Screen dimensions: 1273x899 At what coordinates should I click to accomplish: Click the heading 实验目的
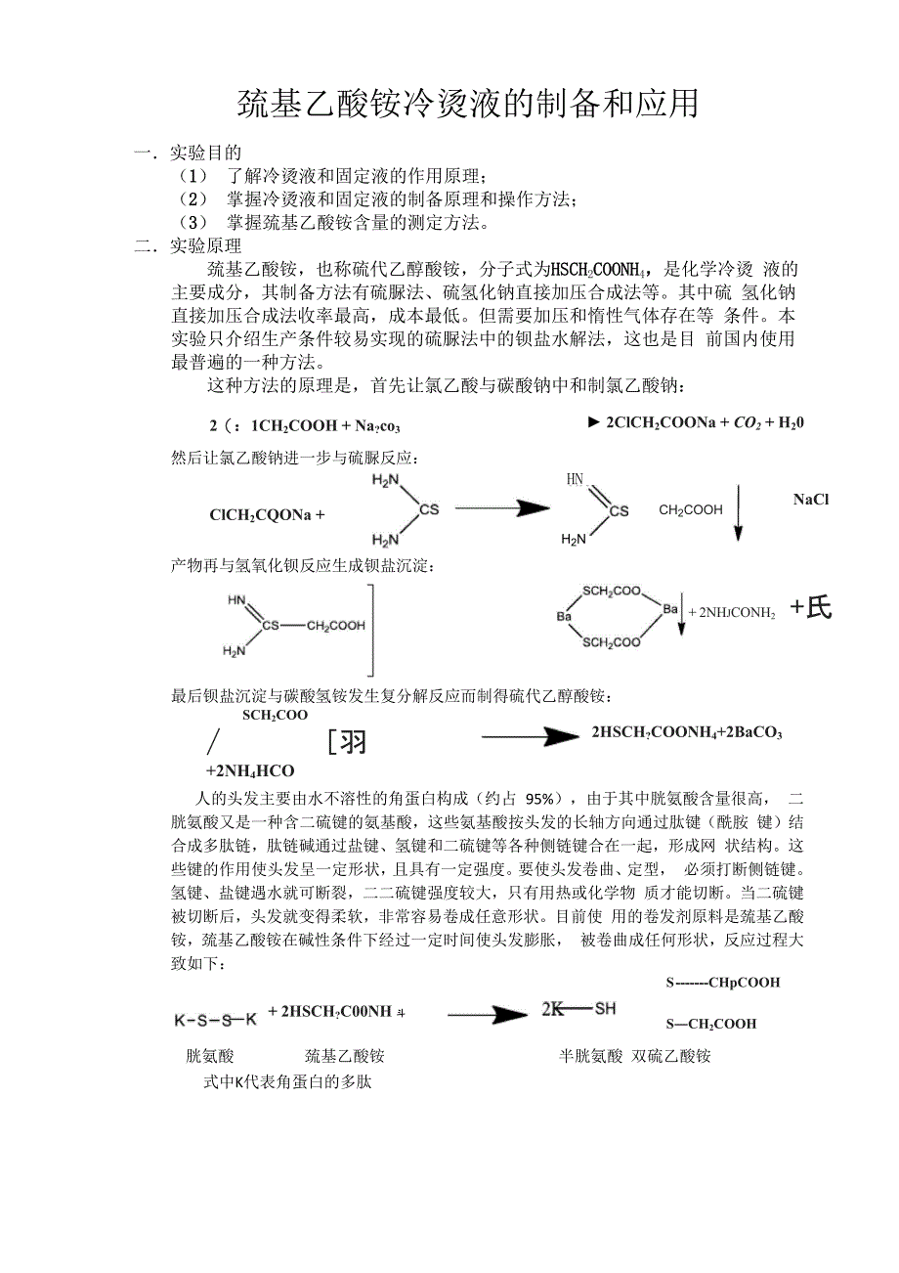click(x=205, y=153)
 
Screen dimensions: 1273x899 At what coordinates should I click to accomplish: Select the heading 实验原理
click(x=205, y=246)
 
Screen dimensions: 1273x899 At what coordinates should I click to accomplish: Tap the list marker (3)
click(x=194, y=223)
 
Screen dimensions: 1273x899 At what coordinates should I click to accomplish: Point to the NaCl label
click(x=810, y=500)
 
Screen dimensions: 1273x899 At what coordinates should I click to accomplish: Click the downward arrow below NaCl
click(x=738, y=512)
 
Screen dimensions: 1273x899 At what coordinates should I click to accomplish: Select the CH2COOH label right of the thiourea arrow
click(x=691, y=509)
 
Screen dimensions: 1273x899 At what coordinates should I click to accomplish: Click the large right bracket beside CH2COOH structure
click(x=369, y=630)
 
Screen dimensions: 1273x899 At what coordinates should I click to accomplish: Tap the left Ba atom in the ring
click(x=564, y=617)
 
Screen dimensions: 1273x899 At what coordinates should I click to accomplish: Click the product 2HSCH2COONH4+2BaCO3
click(x=686, y=732)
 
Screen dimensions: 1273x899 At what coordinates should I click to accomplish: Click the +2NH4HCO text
click(x=250, y=770)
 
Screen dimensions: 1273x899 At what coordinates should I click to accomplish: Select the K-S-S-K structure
click(x=215, y=1020)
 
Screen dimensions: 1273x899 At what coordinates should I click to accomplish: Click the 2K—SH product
click(x=578, y=1008)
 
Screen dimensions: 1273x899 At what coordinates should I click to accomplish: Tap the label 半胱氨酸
click(x=590, y=1056)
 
